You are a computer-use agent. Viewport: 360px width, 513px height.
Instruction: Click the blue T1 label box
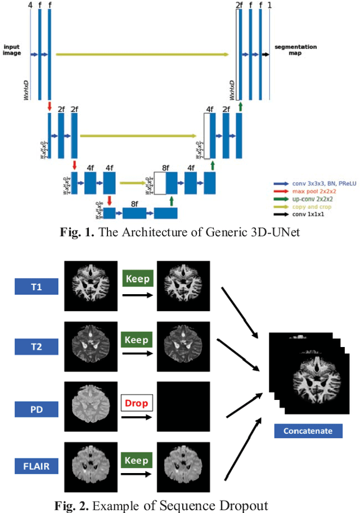pyautogui.click(x=37, y=287)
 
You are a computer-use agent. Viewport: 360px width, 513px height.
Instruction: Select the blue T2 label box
pyautogui.click(x=37, y=346)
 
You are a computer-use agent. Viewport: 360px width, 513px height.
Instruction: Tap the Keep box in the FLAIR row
pyautogui.click(x=137, y=461)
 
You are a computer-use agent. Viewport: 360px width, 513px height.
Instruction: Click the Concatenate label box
pyautogui.click(x=308, y=431)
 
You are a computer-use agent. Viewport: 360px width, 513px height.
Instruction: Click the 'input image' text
pyautogui.click(x=13, y=50)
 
